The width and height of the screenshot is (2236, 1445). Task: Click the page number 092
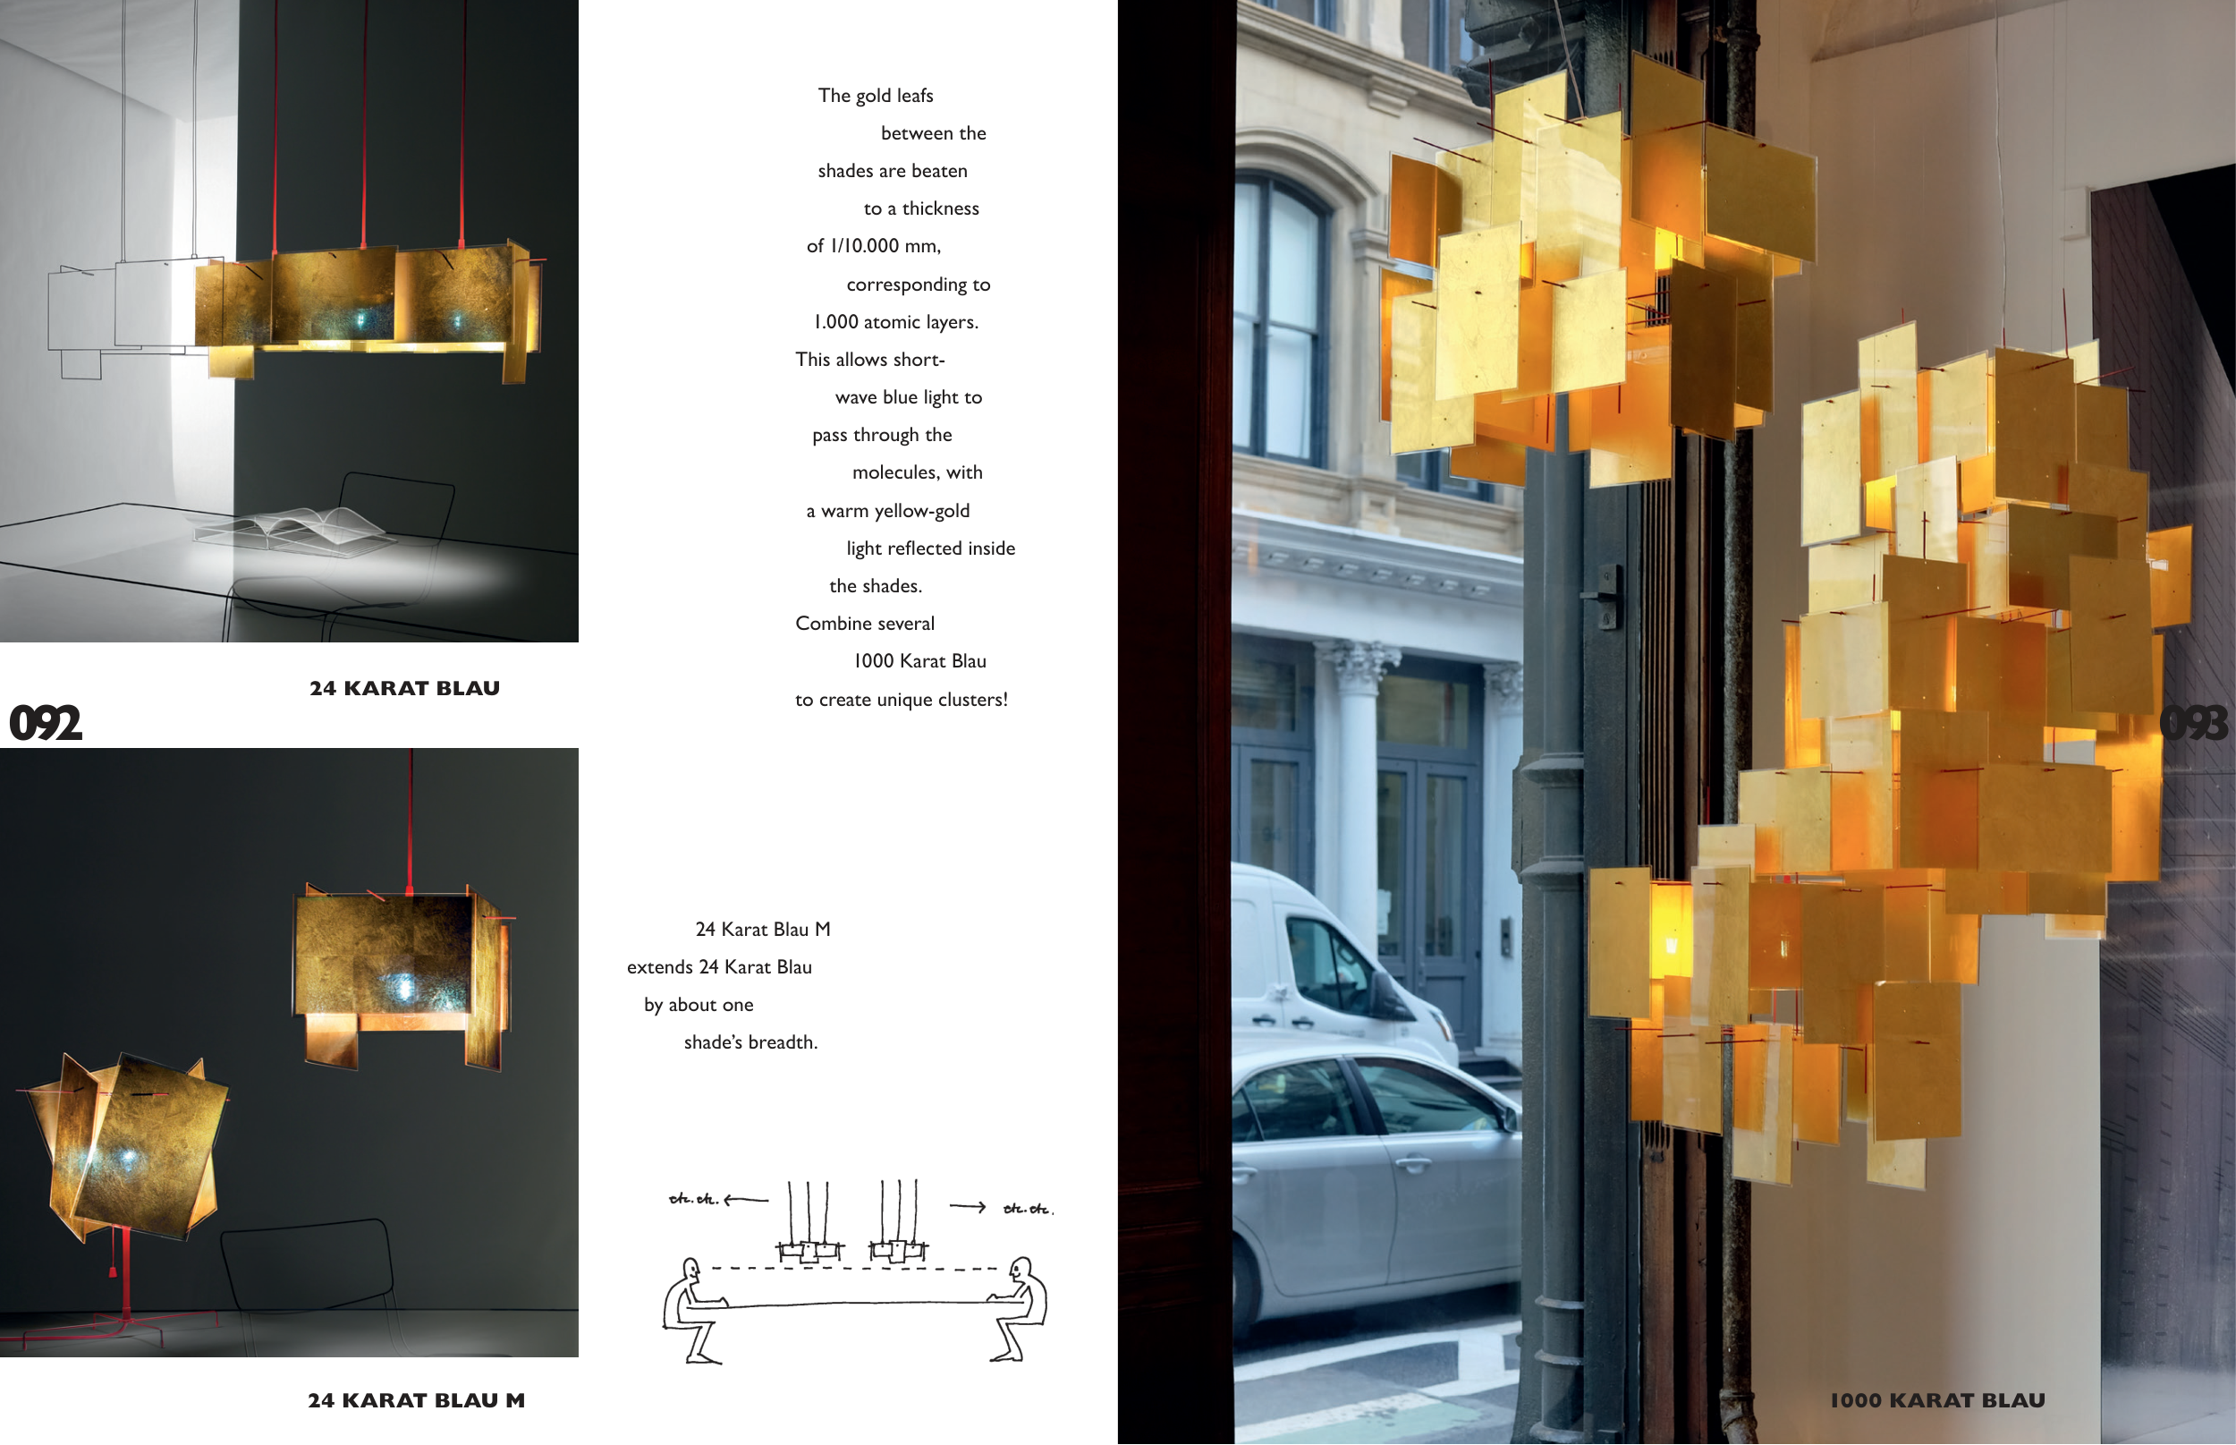(x=45, y=724)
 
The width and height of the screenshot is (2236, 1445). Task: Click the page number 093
(x=2194, y=724)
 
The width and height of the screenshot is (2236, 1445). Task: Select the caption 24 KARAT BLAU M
(x=417, y=1400)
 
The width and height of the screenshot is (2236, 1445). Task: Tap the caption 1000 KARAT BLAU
(x=1938, y=1400)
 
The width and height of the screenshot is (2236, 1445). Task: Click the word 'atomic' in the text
(x=891, y=322)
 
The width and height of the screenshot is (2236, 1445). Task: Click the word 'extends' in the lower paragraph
(x=659, y=966)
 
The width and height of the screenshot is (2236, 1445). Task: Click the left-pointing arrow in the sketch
(x=746, y=1199)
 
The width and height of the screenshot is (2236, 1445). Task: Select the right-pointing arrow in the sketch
(x=967, y=1207)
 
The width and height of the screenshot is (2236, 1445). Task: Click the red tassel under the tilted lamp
(x=113, y=1271)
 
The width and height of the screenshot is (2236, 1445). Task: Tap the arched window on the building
(x=1280, y=319)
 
